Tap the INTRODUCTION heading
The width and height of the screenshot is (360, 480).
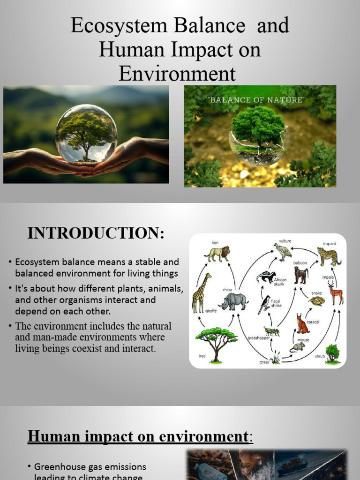[x=96, y=233]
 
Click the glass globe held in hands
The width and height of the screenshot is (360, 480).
[x=86, y=134]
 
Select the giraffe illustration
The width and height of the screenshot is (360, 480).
[x=201, y=293]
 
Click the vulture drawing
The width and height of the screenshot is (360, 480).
[x=283, y=252]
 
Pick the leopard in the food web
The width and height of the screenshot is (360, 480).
[x=329, y=256]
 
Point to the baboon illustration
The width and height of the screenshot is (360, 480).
[x=300, y=275]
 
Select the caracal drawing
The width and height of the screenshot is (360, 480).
[x=302, y=324]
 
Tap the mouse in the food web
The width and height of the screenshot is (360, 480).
[x=297, y=347]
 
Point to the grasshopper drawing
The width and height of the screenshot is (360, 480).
[x=272, y=331]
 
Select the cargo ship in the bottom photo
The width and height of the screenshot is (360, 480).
[x=292, y=464]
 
